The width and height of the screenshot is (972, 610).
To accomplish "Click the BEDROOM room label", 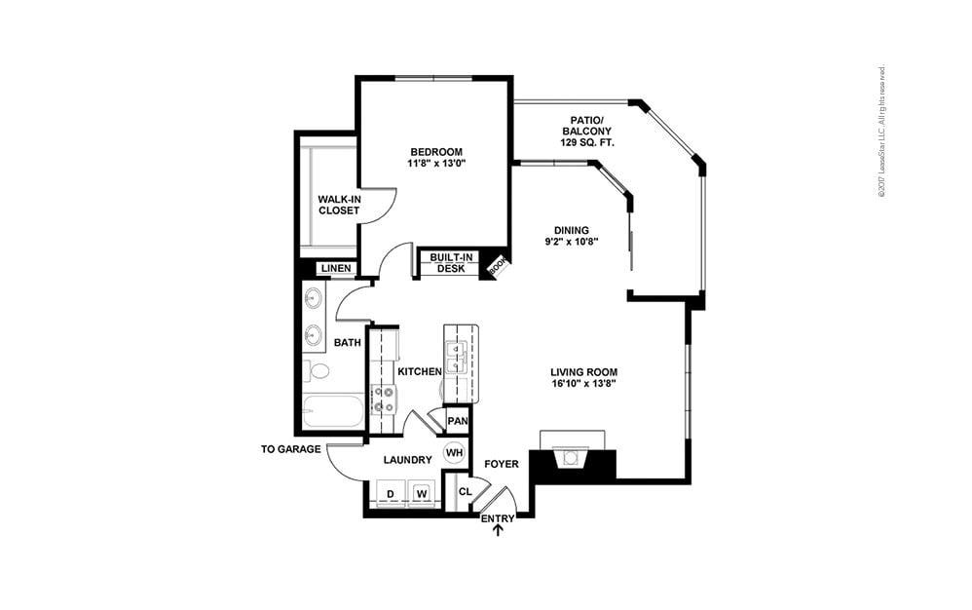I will pos(435,151).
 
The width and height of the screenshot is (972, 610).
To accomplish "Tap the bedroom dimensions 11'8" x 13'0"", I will pos(435,164).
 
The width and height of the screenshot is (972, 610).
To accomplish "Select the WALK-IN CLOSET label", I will pos(338,205).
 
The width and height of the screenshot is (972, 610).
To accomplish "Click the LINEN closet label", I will pos(336,268).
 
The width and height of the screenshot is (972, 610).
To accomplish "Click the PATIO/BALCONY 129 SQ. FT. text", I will pos(584,131).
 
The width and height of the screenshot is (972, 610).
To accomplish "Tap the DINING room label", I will pos(573,230).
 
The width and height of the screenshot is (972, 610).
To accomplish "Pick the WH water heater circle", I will pos(454,452).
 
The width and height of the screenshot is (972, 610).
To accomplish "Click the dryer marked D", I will pos(390,494).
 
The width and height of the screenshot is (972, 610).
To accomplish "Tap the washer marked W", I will pos(422,494).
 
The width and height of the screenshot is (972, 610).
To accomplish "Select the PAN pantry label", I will pos(457,421).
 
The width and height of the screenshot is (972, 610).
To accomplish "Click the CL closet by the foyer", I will pos(465,491).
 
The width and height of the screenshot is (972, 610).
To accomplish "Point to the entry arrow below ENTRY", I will pos(499,530).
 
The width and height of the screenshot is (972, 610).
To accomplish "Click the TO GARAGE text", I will pos(291,449).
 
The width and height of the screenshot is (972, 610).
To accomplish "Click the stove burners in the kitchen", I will pos(383,400).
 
